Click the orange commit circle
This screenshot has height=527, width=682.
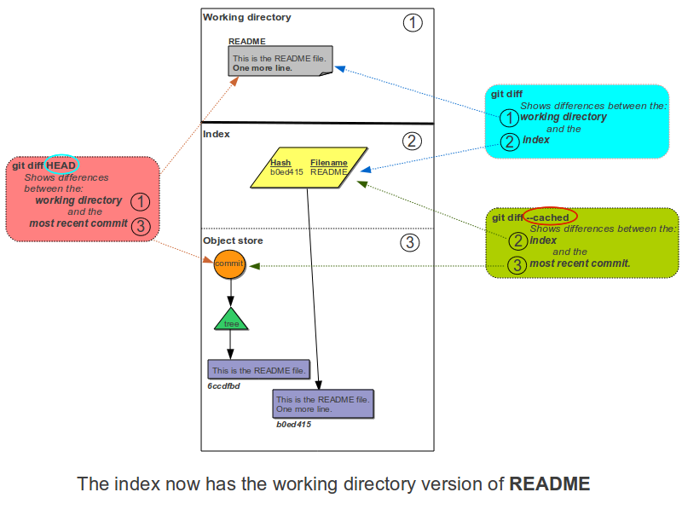coord(230,264)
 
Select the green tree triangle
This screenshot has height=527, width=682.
coord(231,321)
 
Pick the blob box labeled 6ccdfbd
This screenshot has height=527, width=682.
coord(258,370)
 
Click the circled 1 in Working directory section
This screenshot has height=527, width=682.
coord(412,23)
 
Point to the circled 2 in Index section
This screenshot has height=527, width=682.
coord(412,141)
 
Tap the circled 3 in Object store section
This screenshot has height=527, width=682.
coord(410,243)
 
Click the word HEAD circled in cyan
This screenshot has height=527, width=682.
coord(61,165)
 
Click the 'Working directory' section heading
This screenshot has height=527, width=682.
coord(246,17)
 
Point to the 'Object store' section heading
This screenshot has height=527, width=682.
coord(233,240)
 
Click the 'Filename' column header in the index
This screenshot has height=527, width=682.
coord(328,162)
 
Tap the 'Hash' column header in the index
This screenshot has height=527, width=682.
coord(280,162)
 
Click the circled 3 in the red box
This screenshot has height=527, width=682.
coord(142,225)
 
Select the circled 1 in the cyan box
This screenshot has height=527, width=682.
coord(508,119)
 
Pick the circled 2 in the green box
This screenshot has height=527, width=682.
coord(517,242)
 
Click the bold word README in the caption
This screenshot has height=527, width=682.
coord(550,484)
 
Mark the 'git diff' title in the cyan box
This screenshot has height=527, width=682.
coord(506,94)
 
